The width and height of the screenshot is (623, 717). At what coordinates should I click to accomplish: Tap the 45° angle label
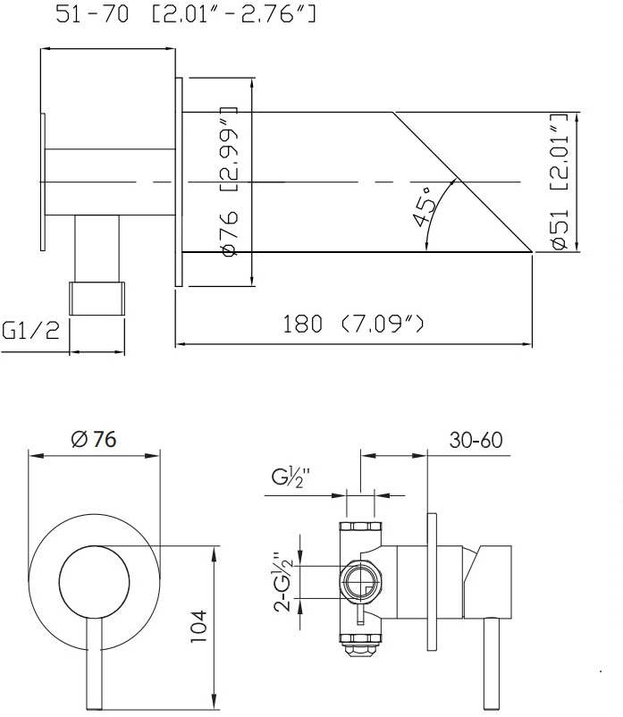425,207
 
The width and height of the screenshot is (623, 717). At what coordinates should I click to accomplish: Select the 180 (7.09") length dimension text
353,324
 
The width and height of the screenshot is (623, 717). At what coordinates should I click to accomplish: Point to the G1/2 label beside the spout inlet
31,330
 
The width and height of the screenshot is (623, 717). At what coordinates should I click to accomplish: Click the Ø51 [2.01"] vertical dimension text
560,181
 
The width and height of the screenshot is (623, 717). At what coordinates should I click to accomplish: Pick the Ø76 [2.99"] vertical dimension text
230,181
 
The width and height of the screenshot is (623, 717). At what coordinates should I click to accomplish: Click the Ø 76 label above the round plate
94,439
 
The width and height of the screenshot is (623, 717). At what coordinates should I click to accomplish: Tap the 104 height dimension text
198,626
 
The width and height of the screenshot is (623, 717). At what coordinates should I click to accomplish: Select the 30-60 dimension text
476,440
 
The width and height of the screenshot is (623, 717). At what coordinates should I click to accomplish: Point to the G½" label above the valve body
290,477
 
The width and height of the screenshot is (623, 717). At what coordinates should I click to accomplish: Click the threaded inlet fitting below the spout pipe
97,298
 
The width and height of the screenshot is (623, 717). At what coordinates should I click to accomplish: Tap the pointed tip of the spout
532,251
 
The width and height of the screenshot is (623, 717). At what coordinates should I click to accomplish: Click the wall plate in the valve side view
432,582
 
